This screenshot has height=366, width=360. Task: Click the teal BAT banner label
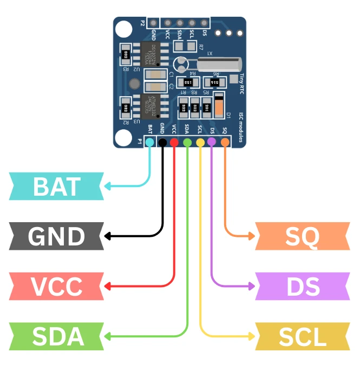tap(56, 186)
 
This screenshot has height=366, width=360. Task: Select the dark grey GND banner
tap(56, 236)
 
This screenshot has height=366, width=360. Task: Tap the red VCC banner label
tap(56, 286)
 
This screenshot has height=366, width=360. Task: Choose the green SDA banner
tap(56, 336)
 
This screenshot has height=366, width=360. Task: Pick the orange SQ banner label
tap(303, 236)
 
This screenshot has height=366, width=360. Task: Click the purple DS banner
tap(303, 286)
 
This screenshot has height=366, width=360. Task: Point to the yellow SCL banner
tap(303, 336)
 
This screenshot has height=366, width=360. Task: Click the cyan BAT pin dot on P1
tap(150, 142)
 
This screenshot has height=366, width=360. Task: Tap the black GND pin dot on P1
tap(162, 142)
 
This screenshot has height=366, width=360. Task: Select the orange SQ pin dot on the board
tap(225, 142)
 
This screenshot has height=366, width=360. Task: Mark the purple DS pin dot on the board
tap(212, 142)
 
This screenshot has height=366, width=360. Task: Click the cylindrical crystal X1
tap(218, 65)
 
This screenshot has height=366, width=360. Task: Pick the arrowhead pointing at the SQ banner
tap(252, 236)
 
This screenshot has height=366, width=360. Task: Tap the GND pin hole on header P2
tap(154, 23)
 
